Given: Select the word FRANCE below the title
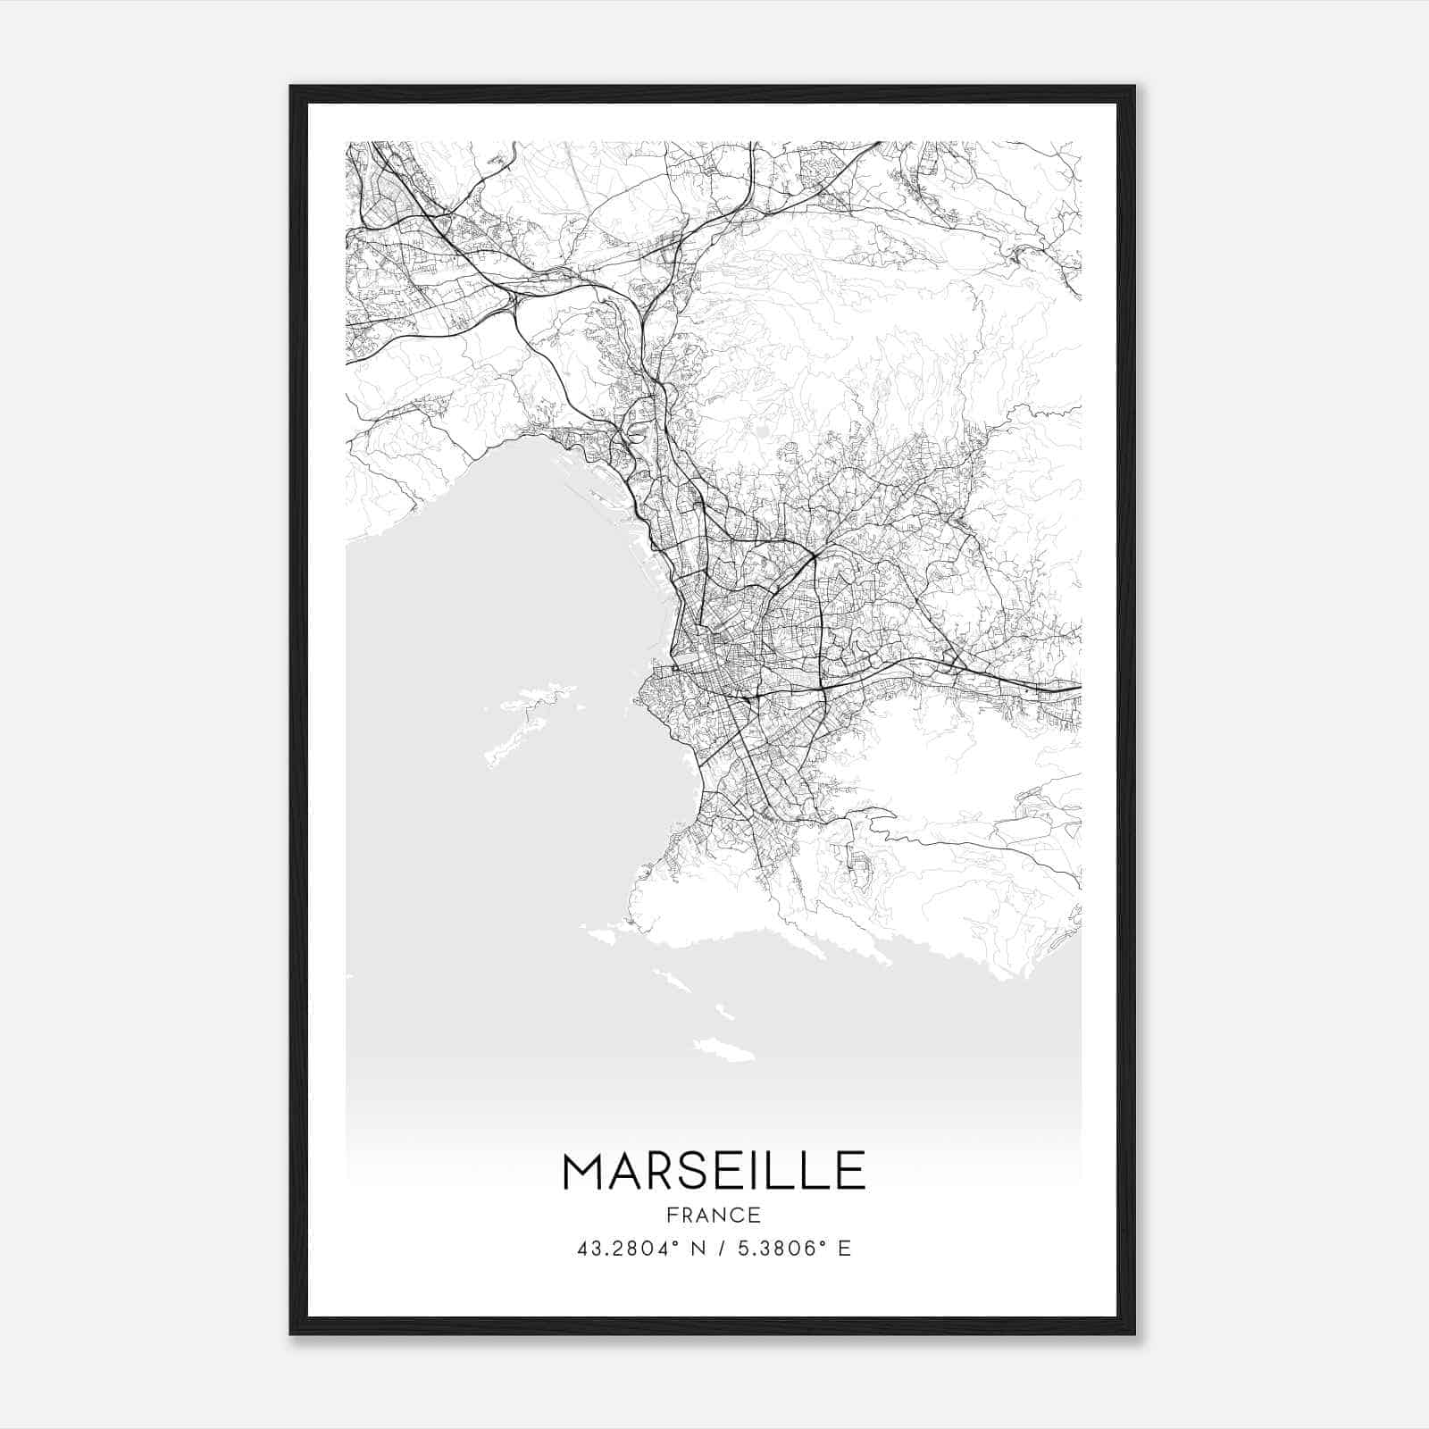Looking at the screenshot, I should coord(714,1215).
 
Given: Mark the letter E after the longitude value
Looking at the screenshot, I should coord(844,1248).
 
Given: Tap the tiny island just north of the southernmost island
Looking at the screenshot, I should coord(723,1014).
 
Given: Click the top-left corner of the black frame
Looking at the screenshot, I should coord(291,87).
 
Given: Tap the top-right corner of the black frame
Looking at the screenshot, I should coord(1134,87).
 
